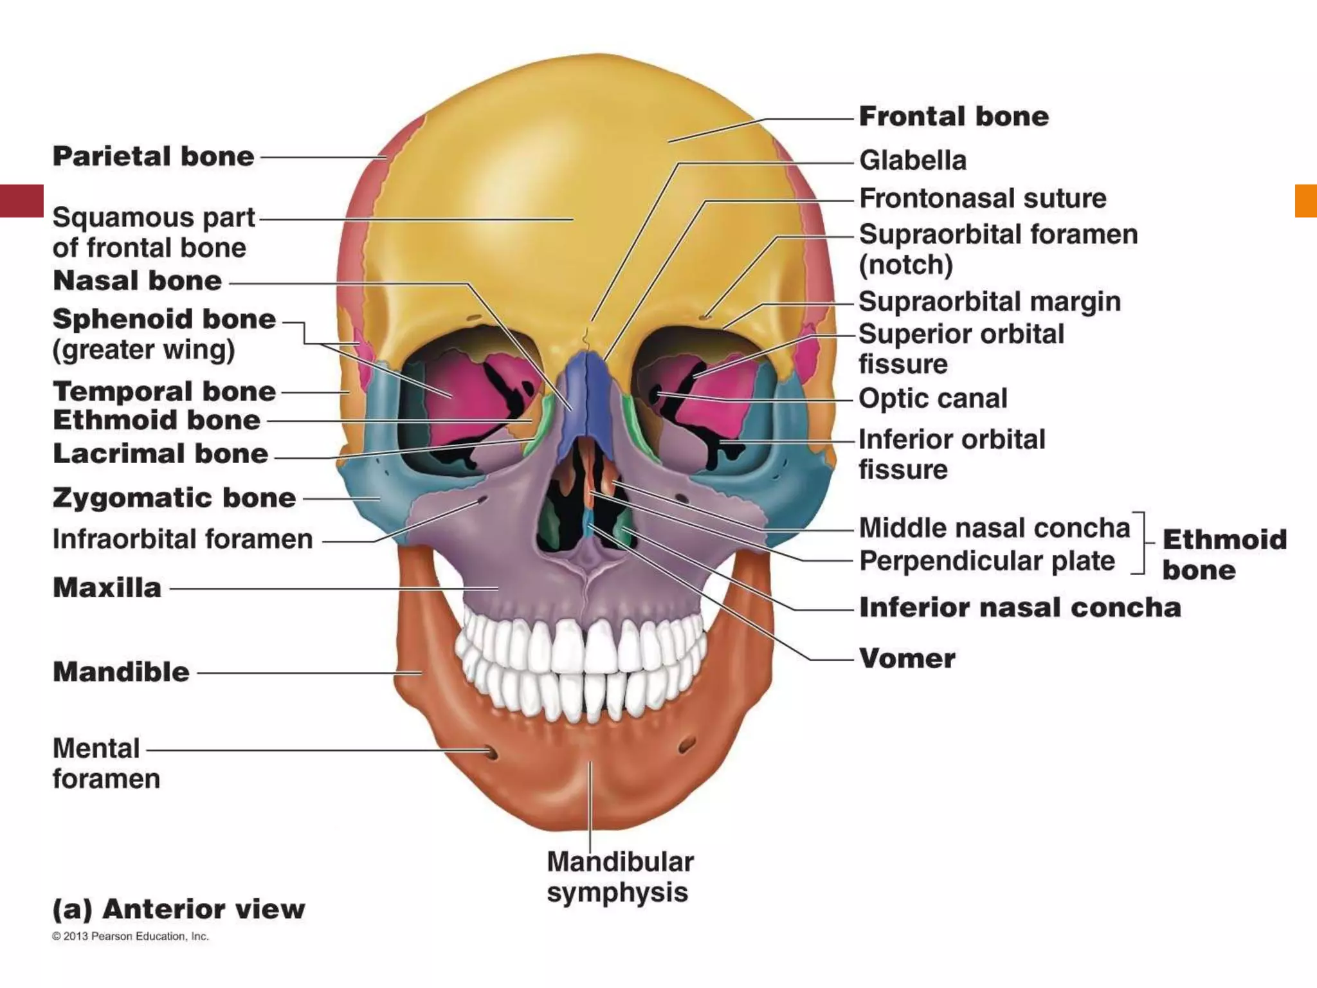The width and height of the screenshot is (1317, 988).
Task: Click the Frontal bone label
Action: (x=954, y=117)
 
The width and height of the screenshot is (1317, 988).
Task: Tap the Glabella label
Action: (x=913, y=161)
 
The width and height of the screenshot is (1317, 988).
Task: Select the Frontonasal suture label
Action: (x=983, y=199)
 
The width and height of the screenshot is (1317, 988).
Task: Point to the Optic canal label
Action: (x=932, y=399)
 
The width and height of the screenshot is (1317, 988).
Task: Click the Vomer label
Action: (x=907, y=659)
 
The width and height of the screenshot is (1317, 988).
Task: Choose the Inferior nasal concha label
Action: (x=1020, y=608)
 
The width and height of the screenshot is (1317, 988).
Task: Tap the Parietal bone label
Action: (x=153, y=157)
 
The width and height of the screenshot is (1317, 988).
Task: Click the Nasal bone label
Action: (x=137, y=281)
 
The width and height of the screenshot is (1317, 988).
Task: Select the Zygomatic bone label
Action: (x=174, y=499)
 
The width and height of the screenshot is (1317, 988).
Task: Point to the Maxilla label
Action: (x=107, y=588)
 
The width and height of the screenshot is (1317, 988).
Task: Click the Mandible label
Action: (x=121, y=673)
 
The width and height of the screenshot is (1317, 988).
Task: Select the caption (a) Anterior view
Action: (x=178, y=910)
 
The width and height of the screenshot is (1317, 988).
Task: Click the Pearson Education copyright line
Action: (x=131, y=937)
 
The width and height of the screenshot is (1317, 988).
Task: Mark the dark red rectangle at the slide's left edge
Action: (x=21, y=201)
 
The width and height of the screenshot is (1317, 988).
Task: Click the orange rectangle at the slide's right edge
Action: (x=1306, y=201)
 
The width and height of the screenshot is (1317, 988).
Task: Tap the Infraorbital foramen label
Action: (x=182, y=540)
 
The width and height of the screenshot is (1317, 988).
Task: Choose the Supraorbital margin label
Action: (x=989, y=302)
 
